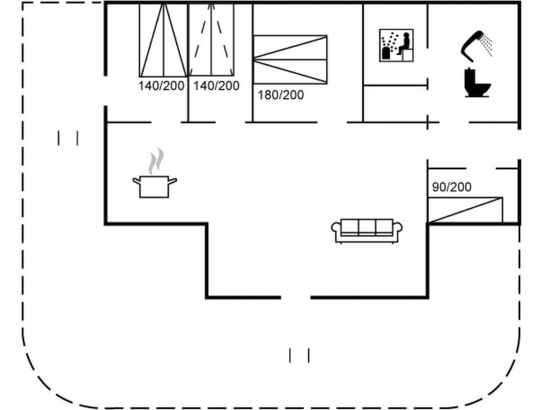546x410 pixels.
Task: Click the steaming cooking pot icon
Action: [155, 172]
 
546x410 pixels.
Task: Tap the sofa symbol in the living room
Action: [367, 231]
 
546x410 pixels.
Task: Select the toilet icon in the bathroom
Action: [477, 83]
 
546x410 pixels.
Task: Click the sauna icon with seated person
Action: [396, 46]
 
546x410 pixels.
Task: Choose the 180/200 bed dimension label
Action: [281, 95]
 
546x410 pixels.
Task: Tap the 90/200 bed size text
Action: [452, 187]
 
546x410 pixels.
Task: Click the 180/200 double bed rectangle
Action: [290, 59]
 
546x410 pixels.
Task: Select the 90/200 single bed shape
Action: [465, 210]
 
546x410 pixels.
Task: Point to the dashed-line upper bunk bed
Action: [211, 39]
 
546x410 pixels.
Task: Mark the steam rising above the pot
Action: [155, 161]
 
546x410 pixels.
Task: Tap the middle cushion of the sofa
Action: [367, 227]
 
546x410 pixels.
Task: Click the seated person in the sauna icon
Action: [404, 43]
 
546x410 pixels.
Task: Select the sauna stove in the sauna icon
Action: [385, 53]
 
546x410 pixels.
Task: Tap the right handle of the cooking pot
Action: [173, 181]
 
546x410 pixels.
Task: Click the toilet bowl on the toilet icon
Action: [482, 88]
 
